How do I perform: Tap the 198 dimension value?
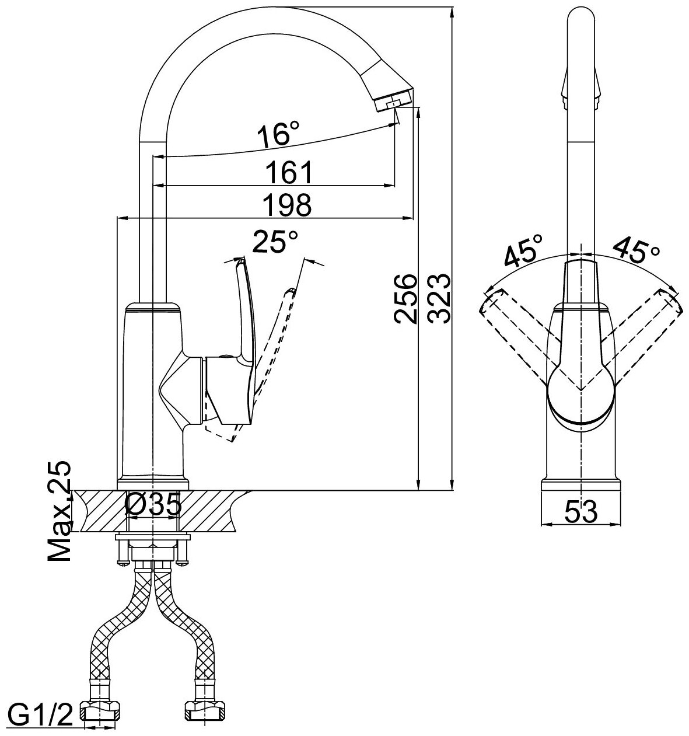(286, 205)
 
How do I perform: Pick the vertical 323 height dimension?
(438, 298)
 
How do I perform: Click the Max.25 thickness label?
(60, 512)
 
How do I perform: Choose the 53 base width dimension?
(581, 512)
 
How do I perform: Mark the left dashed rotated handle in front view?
(513, 333)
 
